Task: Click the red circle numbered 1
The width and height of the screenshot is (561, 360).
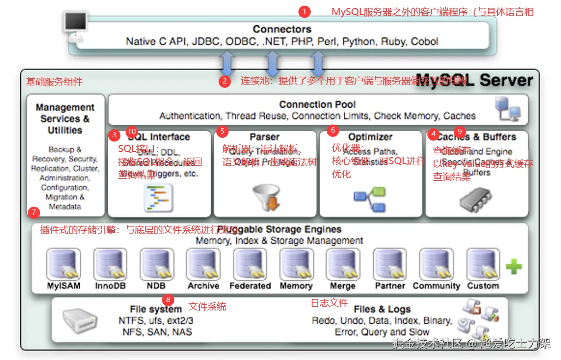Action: [305, 11]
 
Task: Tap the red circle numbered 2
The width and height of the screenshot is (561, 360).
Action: [225, 81]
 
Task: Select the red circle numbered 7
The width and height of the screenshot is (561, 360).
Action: [34, 212]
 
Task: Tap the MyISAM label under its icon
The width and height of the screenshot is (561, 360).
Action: [64, 286]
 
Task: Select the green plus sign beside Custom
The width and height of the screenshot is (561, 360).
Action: [514, 267]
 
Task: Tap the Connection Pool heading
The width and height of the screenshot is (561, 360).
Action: [317, 105]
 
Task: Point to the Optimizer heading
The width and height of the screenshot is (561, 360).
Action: [370, 137]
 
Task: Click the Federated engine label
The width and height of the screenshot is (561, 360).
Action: [250, 286]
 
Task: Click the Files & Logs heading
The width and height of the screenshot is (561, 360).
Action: [382, 310]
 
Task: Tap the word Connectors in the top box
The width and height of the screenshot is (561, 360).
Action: [282, 29]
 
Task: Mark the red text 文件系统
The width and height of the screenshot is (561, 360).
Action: [207, 307]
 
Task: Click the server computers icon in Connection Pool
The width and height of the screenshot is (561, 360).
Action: [508, 109]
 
